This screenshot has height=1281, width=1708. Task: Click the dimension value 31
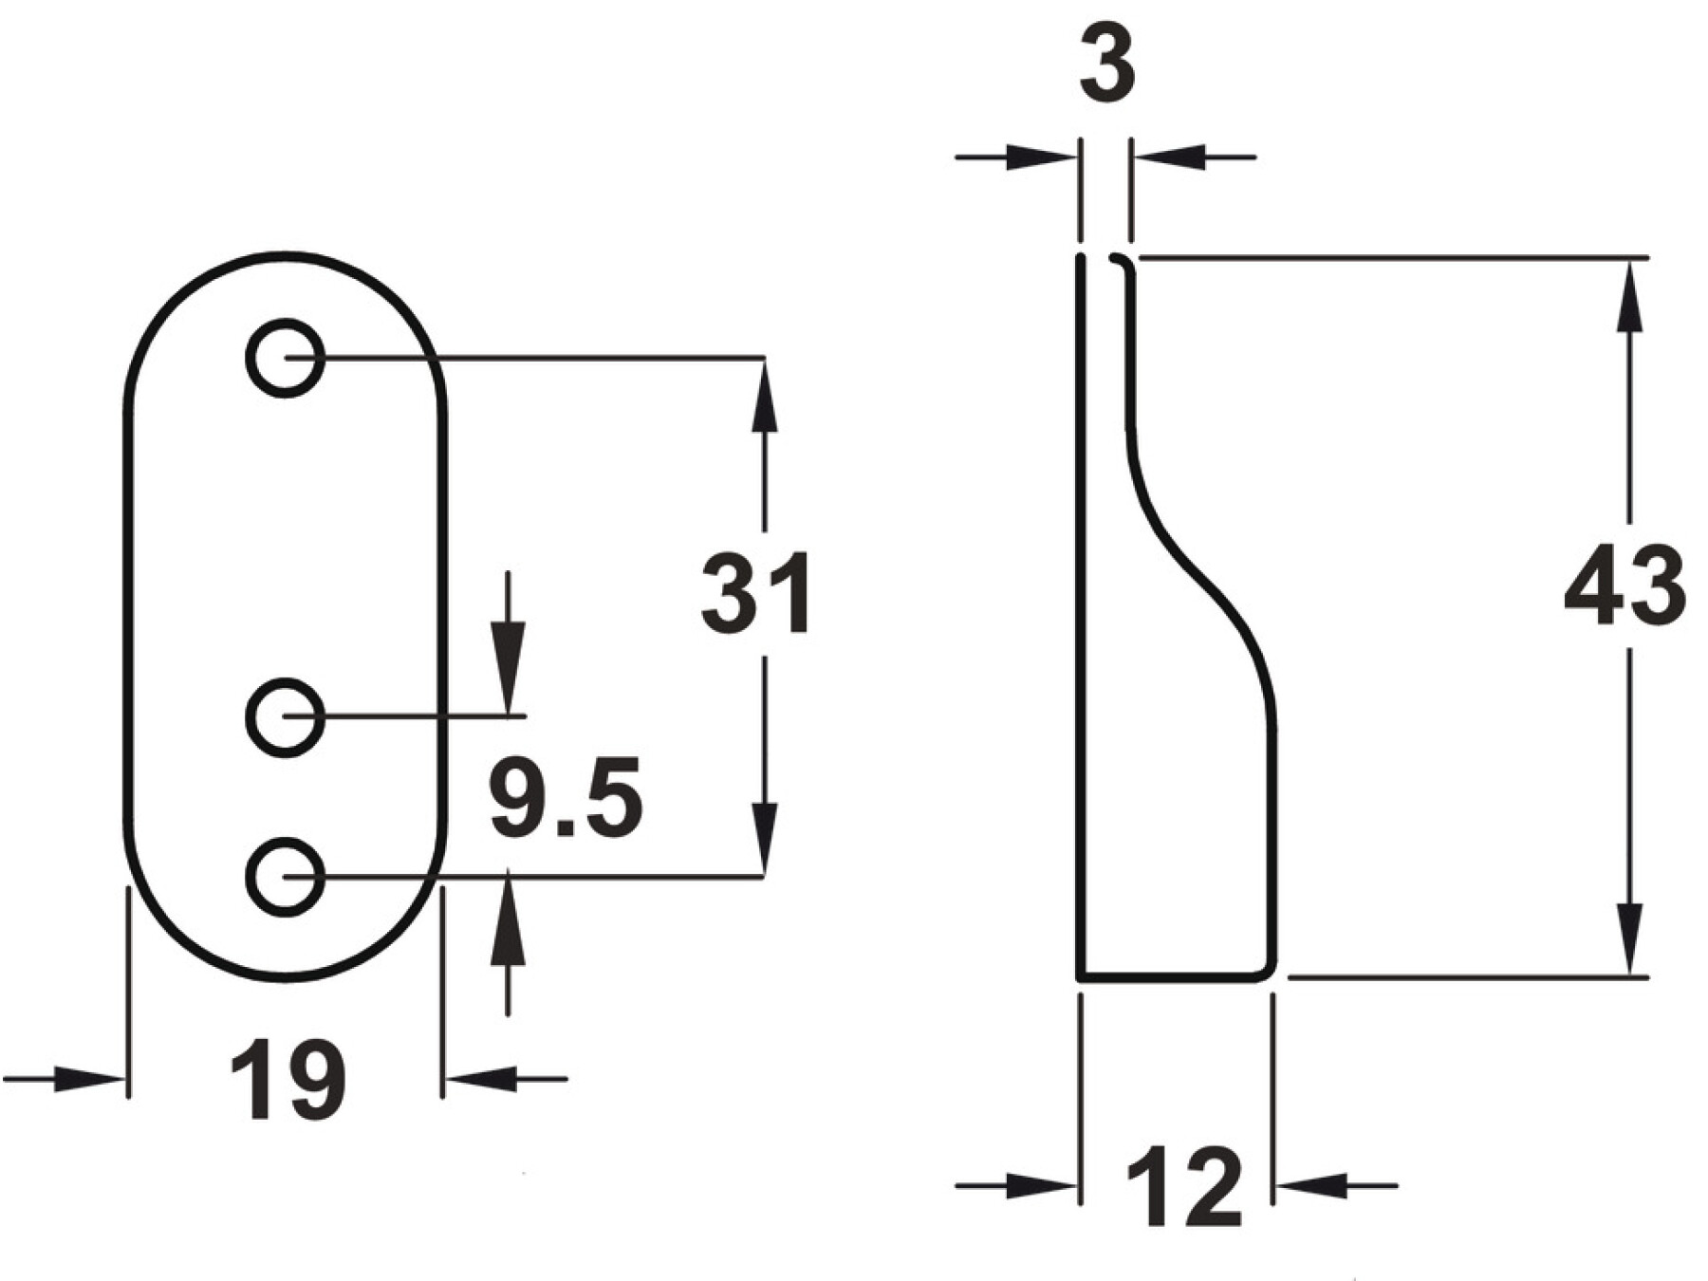756,593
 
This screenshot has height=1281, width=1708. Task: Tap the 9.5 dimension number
566,798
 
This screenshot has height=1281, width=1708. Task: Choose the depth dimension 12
1183,1186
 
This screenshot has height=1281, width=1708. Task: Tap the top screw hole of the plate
286,359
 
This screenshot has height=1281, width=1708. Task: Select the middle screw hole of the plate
286,717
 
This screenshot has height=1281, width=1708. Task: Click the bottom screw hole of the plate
286,877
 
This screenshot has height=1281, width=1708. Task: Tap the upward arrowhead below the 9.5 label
509,921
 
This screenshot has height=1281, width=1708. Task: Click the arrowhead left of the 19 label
90,1079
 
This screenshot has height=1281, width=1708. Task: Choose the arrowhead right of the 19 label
480,1079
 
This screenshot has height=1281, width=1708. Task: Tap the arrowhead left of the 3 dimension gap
1042,158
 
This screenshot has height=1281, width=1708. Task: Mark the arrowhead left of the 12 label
1042,1185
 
